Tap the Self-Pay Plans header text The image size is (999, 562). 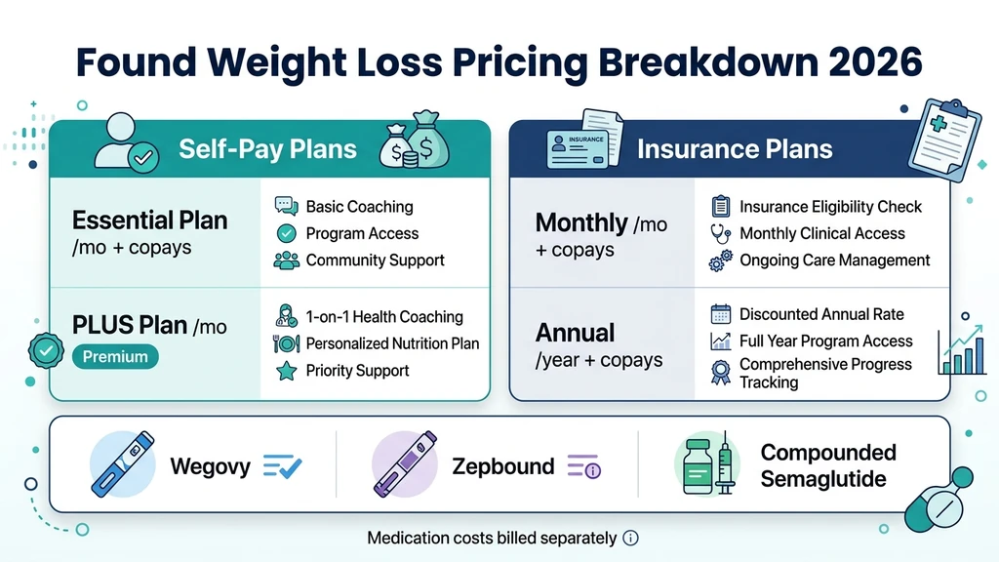(x=267, y=149)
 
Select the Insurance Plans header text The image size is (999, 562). (x=735, y=149)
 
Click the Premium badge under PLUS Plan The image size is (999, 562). (x=115, y=357)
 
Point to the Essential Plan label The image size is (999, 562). (x=149, y=220)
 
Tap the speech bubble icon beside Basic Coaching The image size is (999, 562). (x=286, y=207)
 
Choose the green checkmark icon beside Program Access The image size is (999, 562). (x=286, y=234)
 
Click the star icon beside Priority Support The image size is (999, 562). (x=286, y=371)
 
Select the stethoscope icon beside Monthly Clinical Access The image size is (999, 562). (x=721, y=234)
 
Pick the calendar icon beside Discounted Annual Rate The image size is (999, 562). (x=721, y=314)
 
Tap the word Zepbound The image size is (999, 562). (x=502, y=465)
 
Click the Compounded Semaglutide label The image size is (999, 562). (x=827, y=465)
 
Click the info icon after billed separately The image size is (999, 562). (x=630, y=539)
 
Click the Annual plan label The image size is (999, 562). (x=576, y=333)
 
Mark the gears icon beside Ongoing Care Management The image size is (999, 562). (x=721, y=261)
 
